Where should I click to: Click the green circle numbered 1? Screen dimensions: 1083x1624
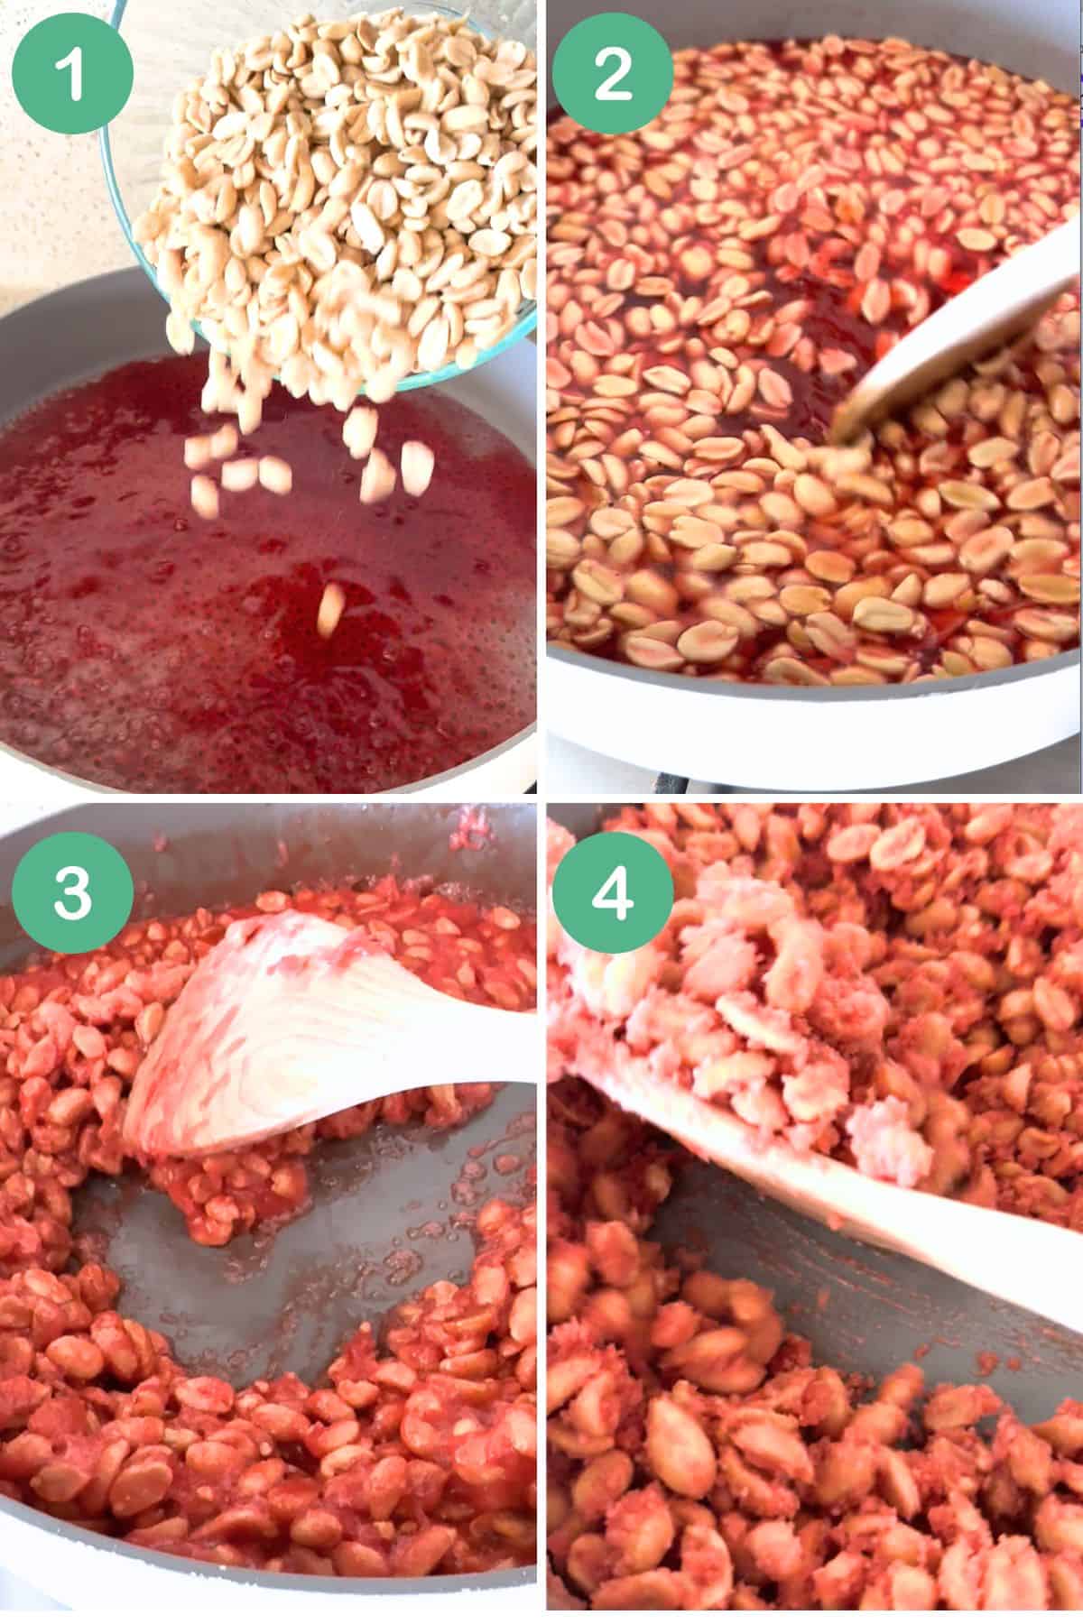pos(73,74)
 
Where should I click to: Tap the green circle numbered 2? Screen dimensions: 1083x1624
pos(613,74)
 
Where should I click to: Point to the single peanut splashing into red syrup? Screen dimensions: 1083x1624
pos(330,608)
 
